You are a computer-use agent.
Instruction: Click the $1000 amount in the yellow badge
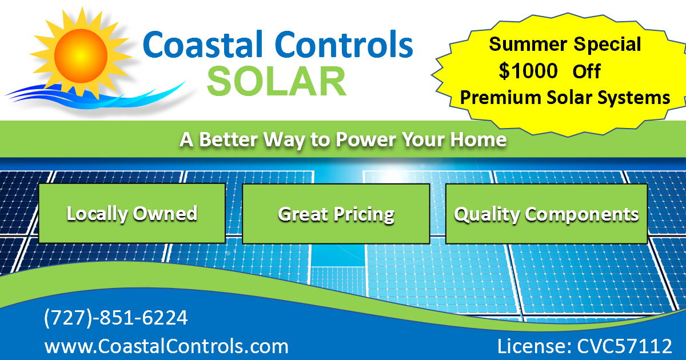(528, 71)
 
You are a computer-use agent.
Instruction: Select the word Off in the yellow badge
(587, 71)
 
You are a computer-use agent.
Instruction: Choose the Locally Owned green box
(132, 213)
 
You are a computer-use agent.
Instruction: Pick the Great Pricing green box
(336, 214)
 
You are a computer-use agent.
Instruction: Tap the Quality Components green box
(546, 214)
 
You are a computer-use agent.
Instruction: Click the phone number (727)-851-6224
(116, 318)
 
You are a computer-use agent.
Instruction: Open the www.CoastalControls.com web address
(166, 346)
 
